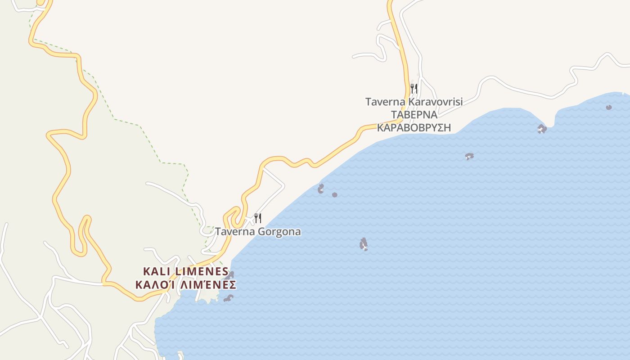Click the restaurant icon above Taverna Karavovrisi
pyautogui.click(x=414, y=88)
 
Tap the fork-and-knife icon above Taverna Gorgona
pyautogui.click(x=258, y=218)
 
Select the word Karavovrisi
pyautogui.click(x=435, y=102)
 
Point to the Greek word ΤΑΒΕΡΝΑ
pyautogui.click(x=414, y=115)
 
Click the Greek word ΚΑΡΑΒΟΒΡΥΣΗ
pyautogui.click(x=414, y=127)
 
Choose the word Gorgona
pyautogui.click(x=279, y=232)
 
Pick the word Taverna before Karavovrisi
pyautogui.click(x=385, y=102)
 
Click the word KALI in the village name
pyautogui.click(x=157, y=271)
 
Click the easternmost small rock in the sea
pyautogui.click(x=609, y=107)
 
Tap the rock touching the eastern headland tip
pyautogui.click(x=542, y=129)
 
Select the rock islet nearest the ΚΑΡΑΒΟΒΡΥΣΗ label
pyautogui.click(x=469, y=156)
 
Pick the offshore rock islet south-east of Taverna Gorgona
pyautogui.click(x=364, y=244)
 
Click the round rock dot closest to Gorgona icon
pyautogui.click(x=335, y=195)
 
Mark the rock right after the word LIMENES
pyautogui.click(x=231, y=274)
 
